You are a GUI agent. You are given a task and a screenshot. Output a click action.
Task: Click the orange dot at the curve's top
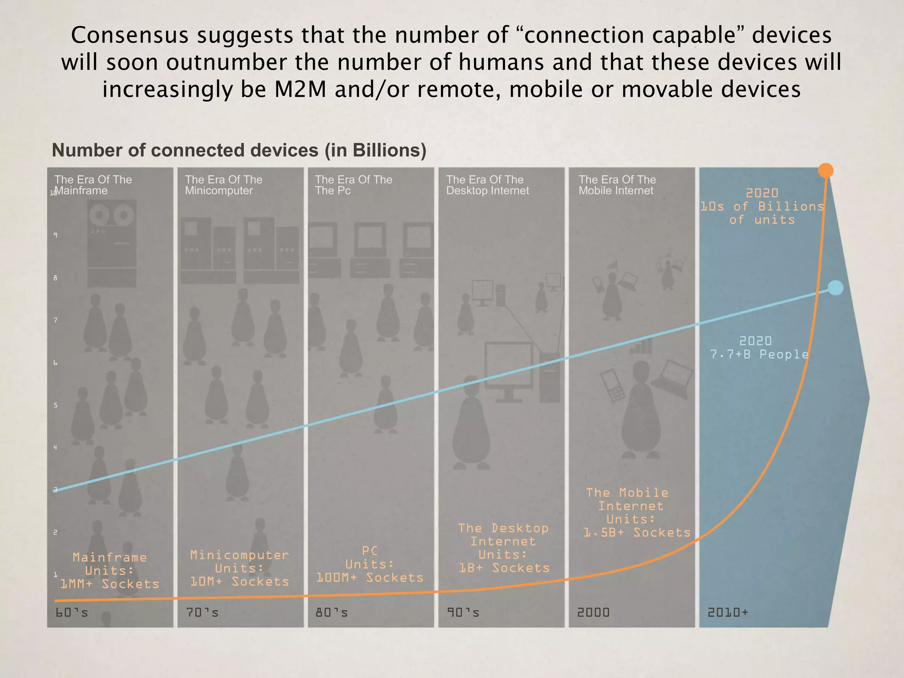825,170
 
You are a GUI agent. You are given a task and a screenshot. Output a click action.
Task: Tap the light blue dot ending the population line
835,288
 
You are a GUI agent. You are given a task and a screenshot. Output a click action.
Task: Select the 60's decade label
72,613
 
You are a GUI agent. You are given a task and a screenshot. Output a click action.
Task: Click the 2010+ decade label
728,612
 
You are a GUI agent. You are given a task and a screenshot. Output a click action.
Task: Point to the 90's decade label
463,613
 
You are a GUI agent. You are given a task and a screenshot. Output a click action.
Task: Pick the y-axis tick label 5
55,405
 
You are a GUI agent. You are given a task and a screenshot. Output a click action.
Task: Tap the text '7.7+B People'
759,354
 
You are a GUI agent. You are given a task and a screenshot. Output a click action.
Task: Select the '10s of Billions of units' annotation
762,207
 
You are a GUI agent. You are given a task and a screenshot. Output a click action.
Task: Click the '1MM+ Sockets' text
109,584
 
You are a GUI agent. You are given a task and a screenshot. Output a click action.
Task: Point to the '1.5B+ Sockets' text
637,533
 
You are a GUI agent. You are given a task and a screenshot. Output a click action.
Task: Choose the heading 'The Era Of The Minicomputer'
223,185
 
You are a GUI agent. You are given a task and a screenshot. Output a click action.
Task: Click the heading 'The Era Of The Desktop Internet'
487,185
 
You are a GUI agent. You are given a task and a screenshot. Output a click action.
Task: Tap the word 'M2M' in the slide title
300,90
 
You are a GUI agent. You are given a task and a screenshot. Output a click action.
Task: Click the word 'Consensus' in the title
130,35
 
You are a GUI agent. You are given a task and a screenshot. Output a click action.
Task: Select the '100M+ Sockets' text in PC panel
370,577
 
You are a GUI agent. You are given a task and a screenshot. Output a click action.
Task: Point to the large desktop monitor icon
509,367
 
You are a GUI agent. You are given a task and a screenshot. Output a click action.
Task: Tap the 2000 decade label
593,613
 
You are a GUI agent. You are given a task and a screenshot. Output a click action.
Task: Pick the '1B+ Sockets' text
504,568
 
